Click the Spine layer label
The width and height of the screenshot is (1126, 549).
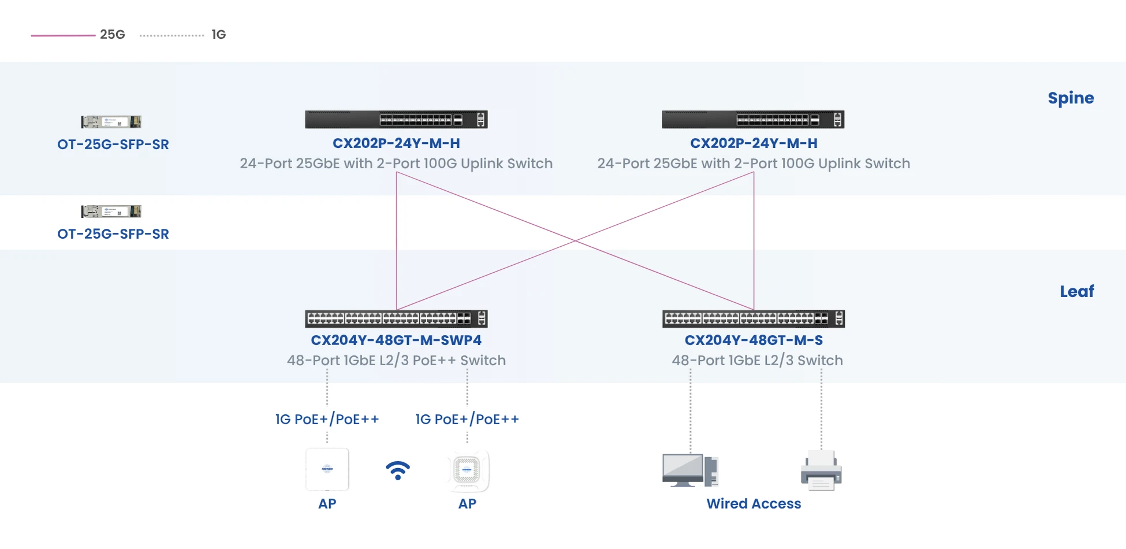(x=1070, y=98)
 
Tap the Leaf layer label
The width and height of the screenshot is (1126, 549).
(x=1076, y=291)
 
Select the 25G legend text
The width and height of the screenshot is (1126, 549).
(x=112, y=35)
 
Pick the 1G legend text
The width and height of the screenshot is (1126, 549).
(x=218, y=35)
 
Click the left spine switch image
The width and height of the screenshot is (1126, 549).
(x=396, y=120)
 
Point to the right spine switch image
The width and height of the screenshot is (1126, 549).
(x=753, y=120)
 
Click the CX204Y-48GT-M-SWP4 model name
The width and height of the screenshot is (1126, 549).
(x=396, y=340)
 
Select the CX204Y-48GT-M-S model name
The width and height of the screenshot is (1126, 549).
(x=754, y=340)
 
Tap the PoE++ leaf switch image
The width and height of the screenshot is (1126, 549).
(x=396, y=318)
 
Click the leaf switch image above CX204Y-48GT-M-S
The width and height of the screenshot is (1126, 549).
(x=754, y=318)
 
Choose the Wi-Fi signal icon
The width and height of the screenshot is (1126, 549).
(x=398, y=470)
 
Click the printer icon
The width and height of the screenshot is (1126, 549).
(x=821, y=470)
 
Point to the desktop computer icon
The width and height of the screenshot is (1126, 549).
(x=690, y=470)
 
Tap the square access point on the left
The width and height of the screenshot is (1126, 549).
(x=327, y=469)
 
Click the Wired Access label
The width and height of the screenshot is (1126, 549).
(x=754, y=504)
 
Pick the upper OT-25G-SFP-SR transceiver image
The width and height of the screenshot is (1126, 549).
(x=111, y=122)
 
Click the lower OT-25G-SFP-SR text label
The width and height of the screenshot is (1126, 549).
(x=113, y=234)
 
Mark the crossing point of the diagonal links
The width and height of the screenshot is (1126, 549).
(x=575, y=241)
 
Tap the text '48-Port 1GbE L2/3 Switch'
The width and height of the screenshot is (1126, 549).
(x=757, y=361)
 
